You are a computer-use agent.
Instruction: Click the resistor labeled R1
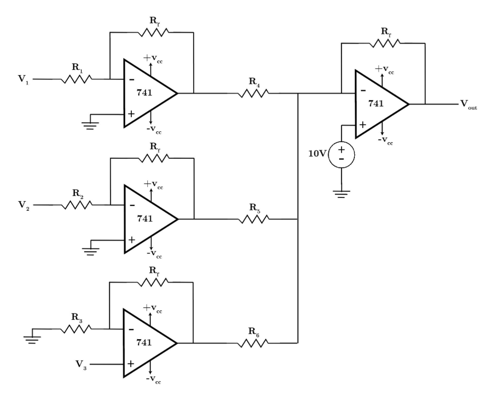tap(76, 79)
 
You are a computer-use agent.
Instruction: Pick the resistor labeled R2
tap(76, 205)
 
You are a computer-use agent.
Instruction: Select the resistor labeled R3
tap(76, 329)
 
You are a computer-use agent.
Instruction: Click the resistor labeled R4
tap(254, 94)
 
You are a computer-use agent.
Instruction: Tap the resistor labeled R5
tap(254, 219)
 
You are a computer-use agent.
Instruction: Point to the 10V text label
tap(318, 155)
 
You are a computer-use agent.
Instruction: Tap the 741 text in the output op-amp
tap(376, 104)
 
